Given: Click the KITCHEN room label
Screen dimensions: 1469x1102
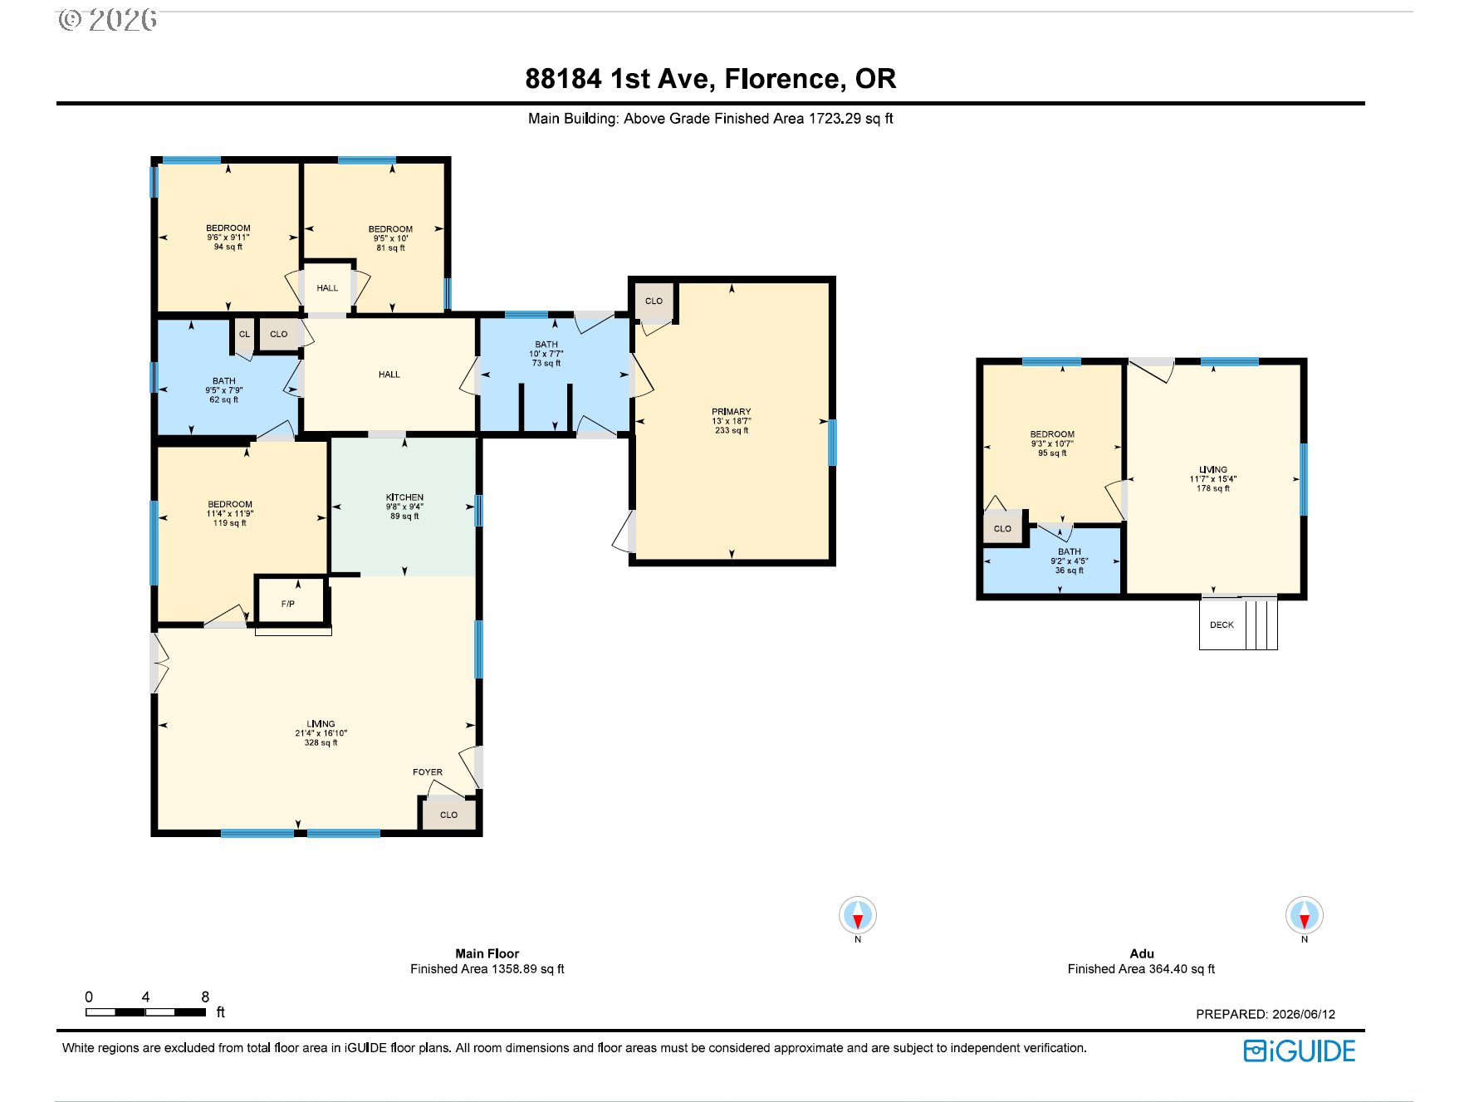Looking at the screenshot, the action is [x=404, y=497].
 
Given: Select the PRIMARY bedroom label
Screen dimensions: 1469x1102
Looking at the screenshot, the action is [x=732, y=412].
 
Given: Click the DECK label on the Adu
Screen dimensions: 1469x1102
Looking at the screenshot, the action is [x=1222, y=624].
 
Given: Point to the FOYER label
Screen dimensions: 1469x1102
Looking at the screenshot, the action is [x=428, y=772].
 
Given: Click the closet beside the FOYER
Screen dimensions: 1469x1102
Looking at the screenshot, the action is [x=449, y=814].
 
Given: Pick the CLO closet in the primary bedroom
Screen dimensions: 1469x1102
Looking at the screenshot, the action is [x=654, y=301].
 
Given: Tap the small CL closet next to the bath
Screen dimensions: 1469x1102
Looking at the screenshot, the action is [x=244, y=334].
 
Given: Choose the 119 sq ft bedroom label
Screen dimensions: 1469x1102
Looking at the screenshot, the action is [x=230, y=513].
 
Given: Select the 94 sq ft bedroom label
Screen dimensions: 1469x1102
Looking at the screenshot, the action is [x=228, y=237].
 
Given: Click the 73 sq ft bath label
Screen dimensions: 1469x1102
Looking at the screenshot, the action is [x=546, y=354].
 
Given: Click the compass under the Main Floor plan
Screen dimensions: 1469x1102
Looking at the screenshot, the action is [x=858, y=916].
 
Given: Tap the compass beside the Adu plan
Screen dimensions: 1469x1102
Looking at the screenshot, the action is [x=1305, y=916].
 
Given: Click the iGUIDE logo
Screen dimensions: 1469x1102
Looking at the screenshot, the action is [x=1300, y=1051].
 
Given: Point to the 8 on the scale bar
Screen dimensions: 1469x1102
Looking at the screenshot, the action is [x=205, y=997].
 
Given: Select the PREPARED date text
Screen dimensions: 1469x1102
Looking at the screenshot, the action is [x=1266, y=1014].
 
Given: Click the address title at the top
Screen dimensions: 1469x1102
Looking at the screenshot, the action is [x=711, y=79].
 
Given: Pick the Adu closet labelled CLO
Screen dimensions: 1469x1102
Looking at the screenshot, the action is [x=1003, y=528].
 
